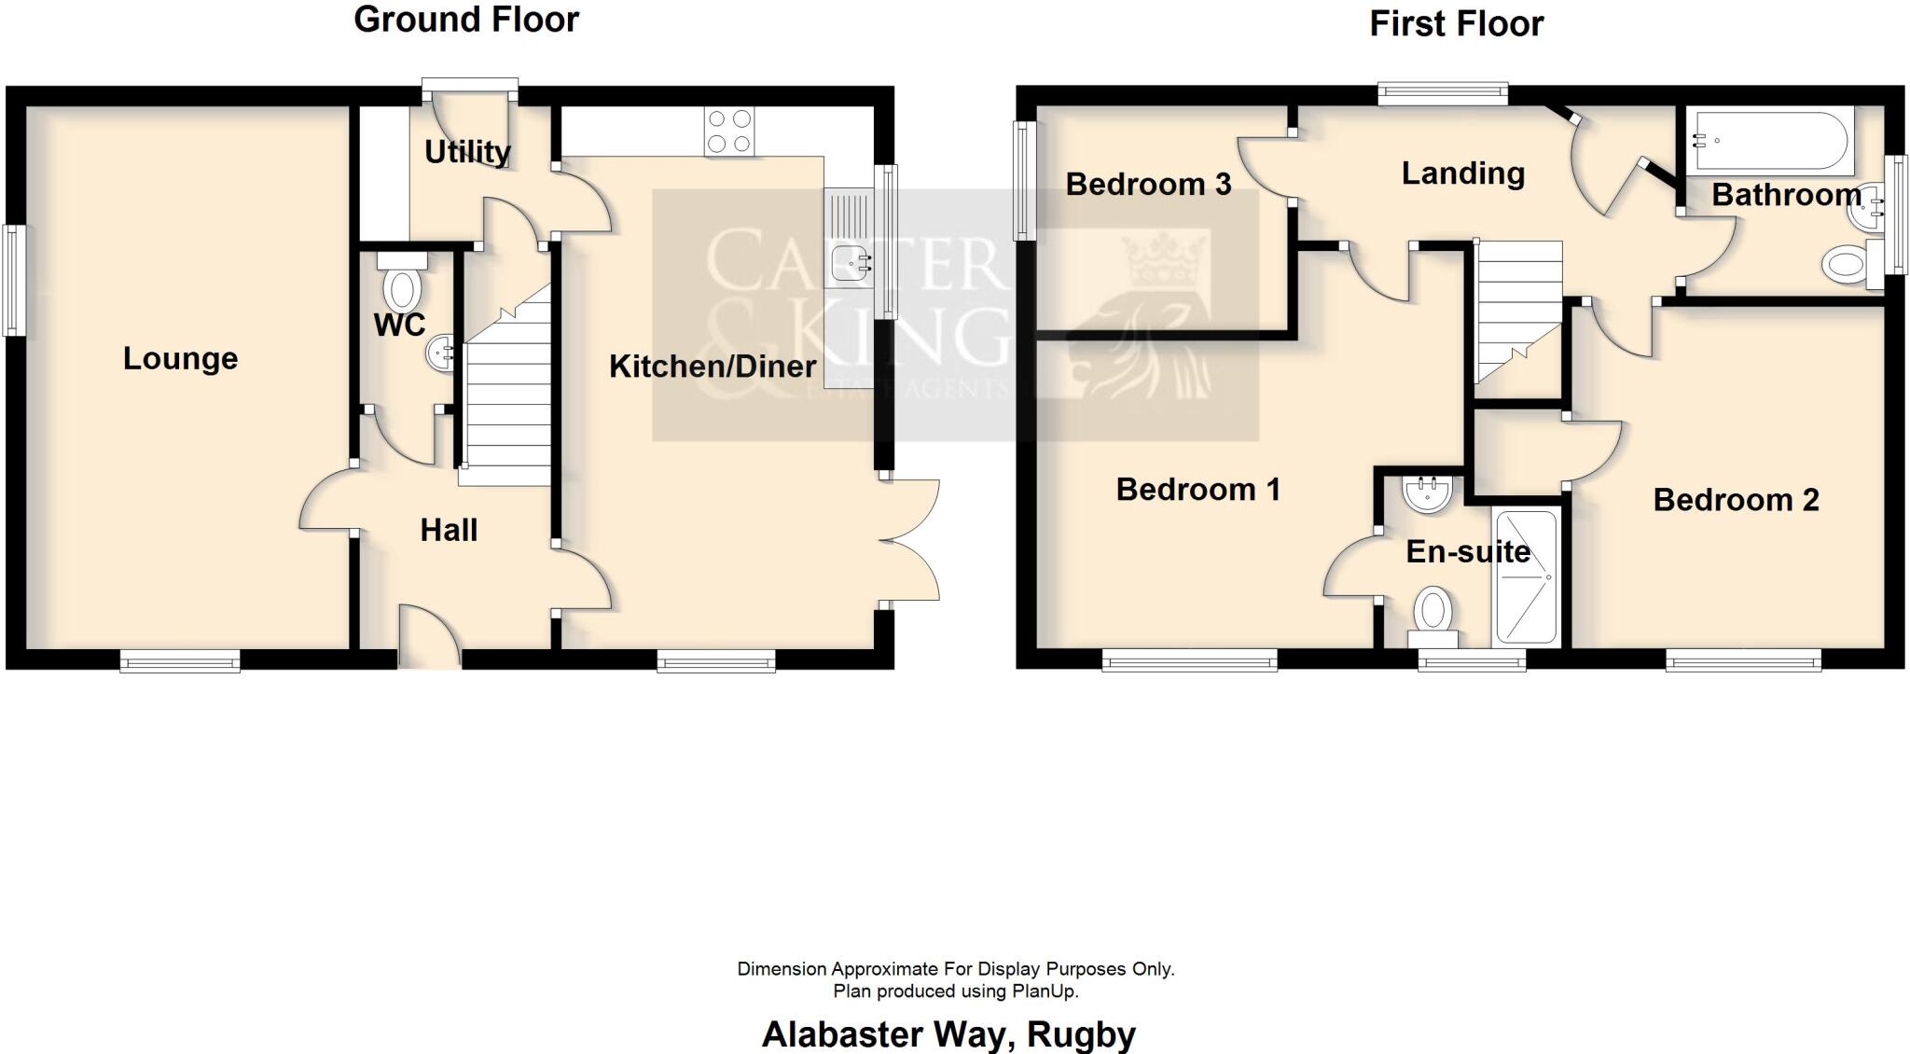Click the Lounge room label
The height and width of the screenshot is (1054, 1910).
(x=180, y=359)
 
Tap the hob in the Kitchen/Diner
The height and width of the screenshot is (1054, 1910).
(x=730, y=132)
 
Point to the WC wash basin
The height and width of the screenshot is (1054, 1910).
(x=440, y=354)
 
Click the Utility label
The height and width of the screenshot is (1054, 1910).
(x=467, y=152)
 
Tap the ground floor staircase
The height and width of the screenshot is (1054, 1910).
(x=508, y=401)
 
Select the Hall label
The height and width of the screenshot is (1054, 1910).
(x=449, y=531)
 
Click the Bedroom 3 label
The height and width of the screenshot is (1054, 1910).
(x=1148, y=185)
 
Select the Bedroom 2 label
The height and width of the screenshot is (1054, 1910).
(x=1736, y=500)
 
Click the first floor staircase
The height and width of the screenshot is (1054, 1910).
(x=1517, y=308)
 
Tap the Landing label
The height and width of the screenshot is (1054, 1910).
(x=1462, y=173)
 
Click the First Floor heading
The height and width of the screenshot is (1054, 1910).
(x=1456, y=24)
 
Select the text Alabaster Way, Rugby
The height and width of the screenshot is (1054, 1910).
(x=948, y=1034)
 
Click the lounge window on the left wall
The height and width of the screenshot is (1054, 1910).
(x=13, y=280)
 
